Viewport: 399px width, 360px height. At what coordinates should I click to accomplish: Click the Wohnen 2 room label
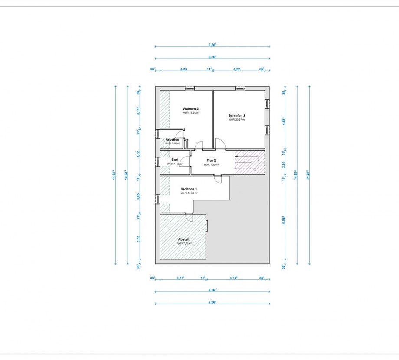(x=191, y=108)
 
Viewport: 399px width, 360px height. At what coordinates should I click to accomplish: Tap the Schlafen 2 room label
(x=237, y=115)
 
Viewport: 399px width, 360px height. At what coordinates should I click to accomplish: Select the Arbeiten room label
(x=172, y=139)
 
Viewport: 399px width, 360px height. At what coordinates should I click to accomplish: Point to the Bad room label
(x=174, y=160)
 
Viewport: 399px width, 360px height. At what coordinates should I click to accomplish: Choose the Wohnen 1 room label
(x=189, y=189)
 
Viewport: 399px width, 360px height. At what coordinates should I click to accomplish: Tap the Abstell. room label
(x=184, y=239)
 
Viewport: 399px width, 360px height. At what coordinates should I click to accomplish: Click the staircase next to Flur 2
(x=249, y=162)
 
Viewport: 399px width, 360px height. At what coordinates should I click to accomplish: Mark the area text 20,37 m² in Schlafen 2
(x=237, y=120)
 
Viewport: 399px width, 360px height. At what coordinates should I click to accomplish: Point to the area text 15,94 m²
(x=191, y=113)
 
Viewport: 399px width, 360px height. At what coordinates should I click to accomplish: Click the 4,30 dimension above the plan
(x=183, y=69)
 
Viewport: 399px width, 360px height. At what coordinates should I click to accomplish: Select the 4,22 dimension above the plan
(x=237, y=69)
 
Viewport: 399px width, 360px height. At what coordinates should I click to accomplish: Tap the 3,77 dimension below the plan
(x=181, y=278)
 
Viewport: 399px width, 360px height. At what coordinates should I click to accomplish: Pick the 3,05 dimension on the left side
(x=138, y=196)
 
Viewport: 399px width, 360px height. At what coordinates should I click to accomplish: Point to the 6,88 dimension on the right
(x=284, y=219)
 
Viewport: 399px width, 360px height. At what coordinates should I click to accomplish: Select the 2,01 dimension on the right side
(x=284, y=164)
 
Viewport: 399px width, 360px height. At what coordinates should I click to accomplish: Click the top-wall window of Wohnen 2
(x=190, y=88)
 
